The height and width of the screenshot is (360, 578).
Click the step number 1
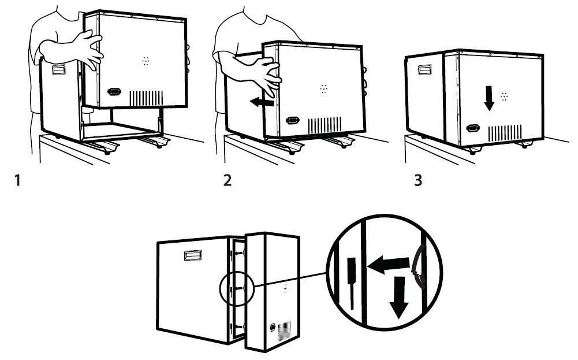[x=17, y=181]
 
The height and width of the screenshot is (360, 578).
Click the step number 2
[x=228, y=181]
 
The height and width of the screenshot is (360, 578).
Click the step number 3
[x=418, y=181]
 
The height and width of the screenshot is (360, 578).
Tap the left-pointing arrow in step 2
[x=262, y=102]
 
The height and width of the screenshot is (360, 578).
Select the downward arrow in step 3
[x=489, y=98]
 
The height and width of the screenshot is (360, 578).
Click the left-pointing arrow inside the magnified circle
[x=389, y=265]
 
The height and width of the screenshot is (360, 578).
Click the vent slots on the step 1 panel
[x=146, y=98]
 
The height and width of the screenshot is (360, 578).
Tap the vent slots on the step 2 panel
[x=325, y=125]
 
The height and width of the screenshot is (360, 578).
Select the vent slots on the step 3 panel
[x=505, y=133]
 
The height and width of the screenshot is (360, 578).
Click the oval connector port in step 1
[x=114, y=91]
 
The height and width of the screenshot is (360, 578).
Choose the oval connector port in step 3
[x=473, y=128]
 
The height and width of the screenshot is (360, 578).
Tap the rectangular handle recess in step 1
[x=59, y=70]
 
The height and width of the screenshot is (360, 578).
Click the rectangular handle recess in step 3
[x=425, y=69]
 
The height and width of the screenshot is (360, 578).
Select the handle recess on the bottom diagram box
[x=193, y=255]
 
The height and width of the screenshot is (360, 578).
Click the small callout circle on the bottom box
[x=237, y=289]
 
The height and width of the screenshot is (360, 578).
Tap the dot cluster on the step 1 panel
[x=146, y=61]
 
